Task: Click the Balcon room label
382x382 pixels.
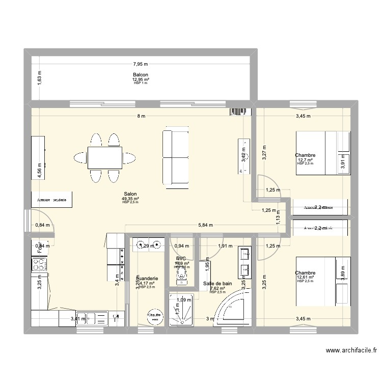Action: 141,75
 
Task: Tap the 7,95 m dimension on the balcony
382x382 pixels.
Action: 141,64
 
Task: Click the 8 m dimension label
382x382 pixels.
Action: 141,116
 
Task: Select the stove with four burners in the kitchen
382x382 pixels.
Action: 39,264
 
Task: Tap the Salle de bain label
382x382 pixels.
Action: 217,283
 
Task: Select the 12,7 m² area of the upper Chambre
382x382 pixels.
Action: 305,160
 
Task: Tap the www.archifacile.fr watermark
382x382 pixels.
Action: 351,351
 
